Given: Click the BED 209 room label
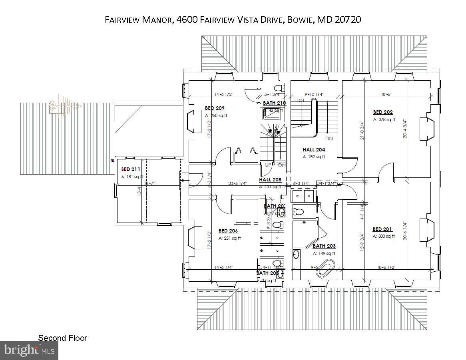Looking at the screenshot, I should [215, 108].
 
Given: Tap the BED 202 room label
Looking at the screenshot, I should [383, 112].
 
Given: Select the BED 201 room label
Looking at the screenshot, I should [382, 229].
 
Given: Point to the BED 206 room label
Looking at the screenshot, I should [228, 231].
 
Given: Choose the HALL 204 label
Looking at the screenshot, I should [314, 150].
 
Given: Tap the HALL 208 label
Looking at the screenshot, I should [270, 180].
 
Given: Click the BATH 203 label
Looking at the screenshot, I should [324, 246].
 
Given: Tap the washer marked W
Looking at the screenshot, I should [298, 196].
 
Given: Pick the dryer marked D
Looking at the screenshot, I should [309, 196].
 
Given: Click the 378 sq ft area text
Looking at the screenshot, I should [384, 119].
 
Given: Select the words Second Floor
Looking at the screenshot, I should [62, 338].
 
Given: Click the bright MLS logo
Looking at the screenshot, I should [29, 350].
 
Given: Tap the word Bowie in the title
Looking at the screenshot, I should [300, 20].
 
